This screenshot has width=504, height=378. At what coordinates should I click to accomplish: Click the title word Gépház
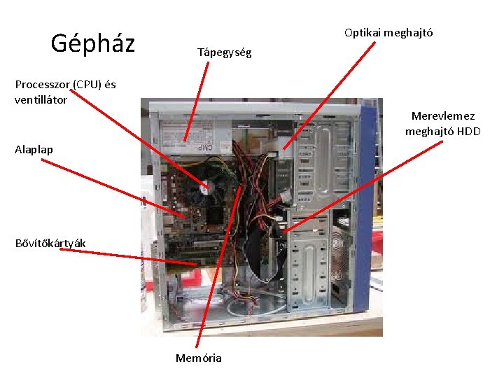93,43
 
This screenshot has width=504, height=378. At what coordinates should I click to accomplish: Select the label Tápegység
224,52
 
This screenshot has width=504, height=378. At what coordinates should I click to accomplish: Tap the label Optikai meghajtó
388,33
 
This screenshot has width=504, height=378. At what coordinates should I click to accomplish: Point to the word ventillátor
41,99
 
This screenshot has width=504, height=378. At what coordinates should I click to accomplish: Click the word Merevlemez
442,116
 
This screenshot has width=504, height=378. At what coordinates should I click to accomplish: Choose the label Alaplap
34,149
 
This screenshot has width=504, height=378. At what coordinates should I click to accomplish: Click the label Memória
199,358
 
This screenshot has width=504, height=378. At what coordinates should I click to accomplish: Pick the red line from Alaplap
112,189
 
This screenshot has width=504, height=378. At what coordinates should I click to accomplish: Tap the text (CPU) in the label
87,85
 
